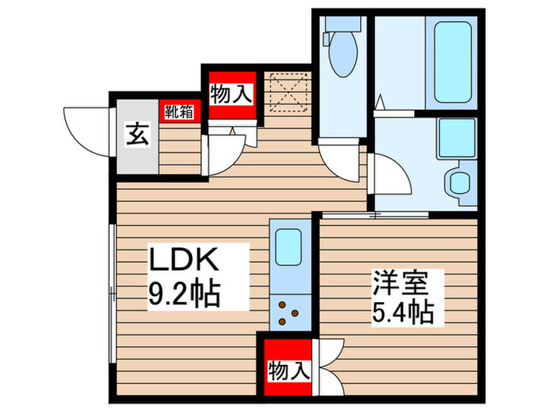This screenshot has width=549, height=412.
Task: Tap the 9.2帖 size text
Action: pos(184,295)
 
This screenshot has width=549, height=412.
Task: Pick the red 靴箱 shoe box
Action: pos(179,111)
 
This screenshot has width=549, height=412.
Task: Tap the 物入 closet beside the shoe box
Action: pos(231,95)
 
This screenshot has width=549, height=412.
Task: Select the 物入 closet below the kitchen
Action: pos(287,368)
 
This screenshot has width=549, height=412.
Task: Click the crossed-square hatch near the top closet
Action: pos(287,92)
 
